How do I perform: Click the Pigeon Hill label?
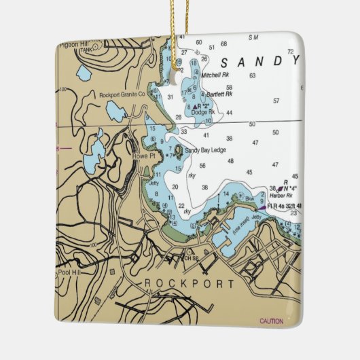[x=73, y=44]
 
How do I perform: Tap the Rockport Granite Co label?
[x=122, y=95]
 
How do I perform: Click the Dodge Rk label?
[x=203, y=112]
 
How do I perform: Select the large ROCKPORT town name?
[x=190, y=283]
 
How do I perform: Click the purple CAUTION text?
[x=272, y=321]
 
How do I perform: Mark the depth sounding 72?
[x=290, y=52]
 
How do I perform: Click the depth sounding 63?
[x=252, y=75]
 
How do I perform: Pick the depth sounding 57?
[x=276, y=101]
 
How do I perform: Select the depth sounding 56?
[x=202, y=166]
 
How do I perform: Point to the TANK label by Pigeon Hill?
[x=86, y=50]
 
